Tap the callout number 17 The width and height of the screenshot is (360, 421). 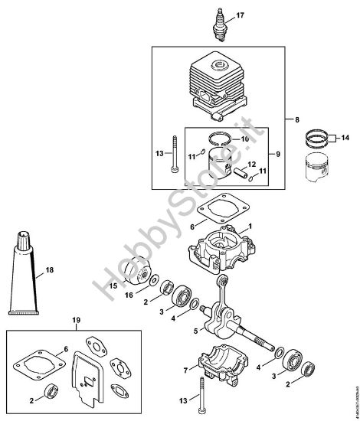point(240,15)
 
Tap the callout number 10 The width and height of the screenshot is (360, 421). point(246,139)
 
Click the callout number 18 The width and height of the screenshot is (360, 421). point(50,269)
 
